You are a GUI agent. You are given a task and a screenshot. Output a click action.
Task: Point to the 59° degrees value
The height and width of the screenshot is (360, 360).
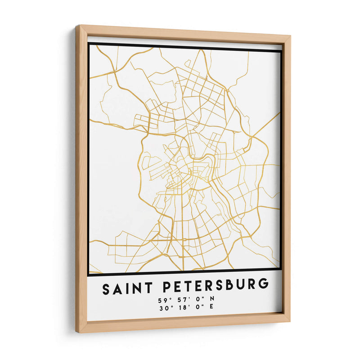(x=163, y=300)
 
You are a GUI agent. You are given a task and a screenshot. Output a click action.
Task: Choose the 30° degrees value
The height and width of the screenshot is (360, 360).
(x=163, y=308)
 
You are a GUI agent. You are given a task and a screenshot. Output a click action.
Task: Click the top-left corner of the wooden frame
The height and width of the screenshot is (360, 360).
(x=77, y=26)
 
